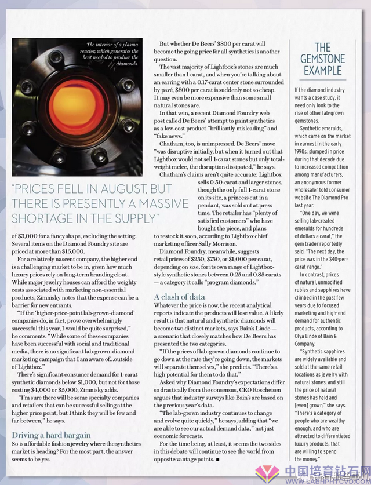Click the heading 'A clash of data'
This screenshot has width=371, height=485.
tap(180, 297)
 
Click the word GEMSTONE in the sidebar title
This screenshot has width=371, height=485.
tap(323, 59)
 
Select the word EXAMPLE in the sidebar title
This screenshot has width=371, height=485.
tap(323, 71)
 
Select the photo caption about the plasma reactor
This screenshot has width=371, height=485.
tap(112, 54)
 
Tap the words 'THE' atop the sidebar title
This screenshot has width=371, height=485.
tap(323, 47)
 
